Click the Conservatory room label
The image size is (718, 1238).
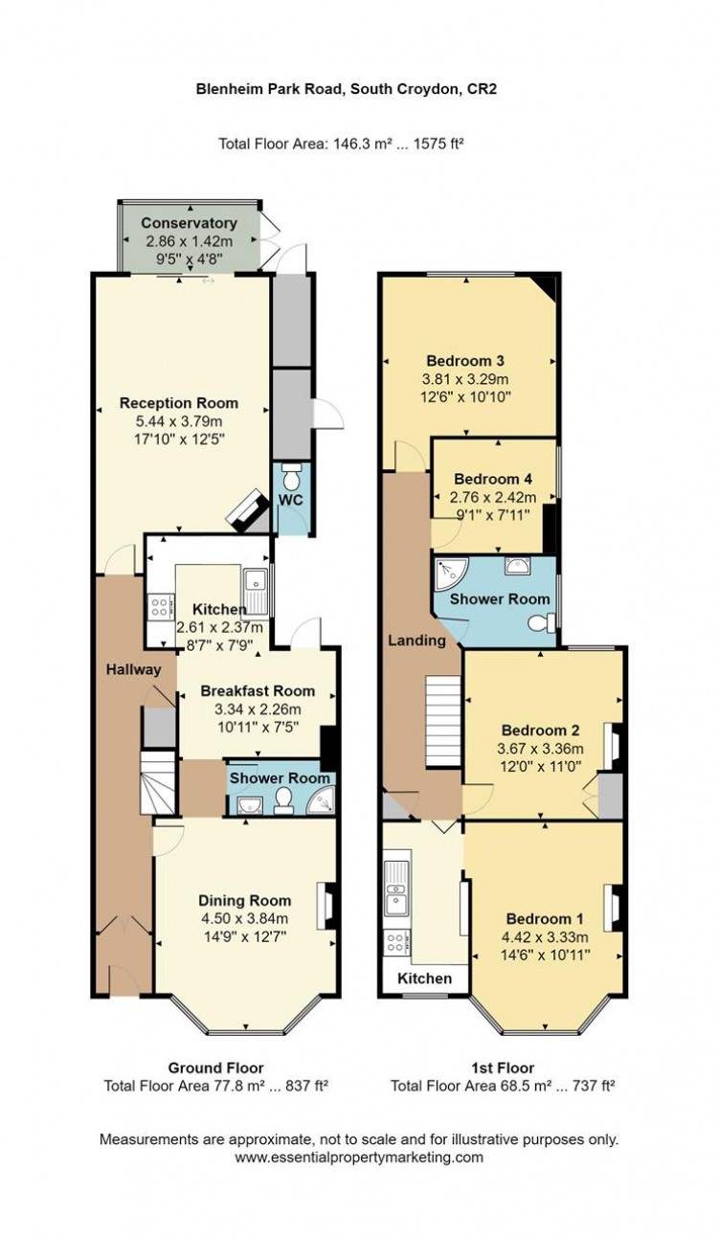pyautogui.click(x=189, y=223)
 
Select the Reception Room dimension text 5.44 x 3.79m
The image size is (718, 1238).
pyautogui.click(x=179, y=421)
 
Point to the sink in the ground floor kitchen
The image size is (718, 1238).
pyautogui.click(x=256, y=592)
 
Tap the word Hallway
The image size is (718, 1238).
pyautogui.click(x=134, y=670)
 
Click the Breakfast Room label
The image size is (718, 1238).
pyautogui.click(x=258, y=691)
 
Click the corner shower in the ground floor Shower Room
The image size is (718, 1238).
pyautogui.click(x=321, y=799)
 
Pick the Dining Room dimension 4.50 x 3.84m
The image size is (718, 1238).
pyautogui.click(x=244, y=918)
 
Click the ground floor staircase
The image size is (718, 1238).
pyautogui.click(x=158, y=782)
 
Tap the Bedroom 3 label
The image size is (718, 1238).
pyautogui.click(x=465, y=361)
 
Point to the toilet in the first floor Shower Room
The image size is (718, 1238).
pyautogui.click(x=541, y=623)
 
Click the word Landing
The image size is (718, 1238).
pyautogui.click(x=416, y=641)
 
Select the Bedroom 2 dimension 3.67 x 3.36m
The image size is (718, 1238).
pyautogui.click(x=541, y=749)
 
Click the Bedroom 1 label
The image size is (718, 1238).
pyautogui.click(x=545, y=918)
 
